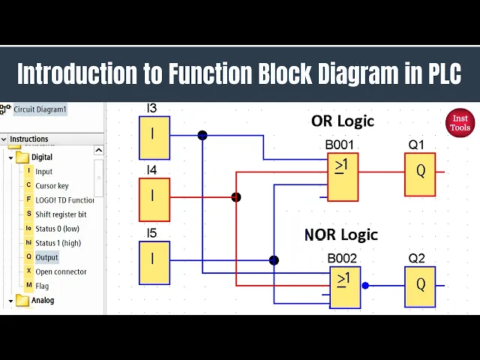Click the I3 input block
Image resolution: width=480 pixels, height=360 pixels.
coord(154,137)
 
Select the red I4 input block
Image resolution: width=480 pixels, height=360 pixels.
coord(154,199)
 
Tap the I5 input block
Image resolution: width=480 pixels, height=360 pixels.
coord(154,262)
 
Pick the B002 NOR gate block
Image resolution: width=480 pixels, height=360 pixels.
coord(344,287)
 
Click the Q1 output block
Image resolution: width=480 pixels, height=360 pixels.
coord(420,174)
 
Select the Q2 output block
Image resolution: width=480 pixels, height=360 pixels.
coord(420,286)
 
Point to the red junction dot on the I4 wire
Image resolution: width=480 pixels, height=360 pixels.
coord(236,198)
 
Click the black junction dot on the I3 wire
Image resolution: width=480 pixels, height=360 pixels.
coord(202,136)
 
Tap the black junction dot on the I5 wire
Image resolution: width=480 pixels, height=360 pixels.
coord(274,260)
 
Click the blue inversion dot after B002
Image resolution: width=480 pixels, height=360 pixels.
coord(365,286)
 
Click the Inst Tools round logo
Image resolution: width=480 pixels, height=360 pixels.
coord(460,123)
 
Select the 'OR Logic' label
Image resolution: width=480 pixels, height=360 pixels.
coord(342,121)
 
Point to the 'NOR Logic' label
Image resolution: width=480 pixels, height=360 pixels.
coord(341,234)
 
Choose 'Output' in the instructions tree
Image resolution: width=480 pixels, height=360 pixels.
coord(46,257)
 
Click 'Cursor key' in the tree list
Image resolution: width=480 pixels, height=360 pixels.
coord(52,186)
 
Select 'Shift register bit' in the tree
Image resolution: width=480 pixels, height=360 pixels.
coord(61,214)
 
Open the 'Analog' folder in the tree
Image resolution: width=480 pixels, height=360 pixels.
coord(42,300)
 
